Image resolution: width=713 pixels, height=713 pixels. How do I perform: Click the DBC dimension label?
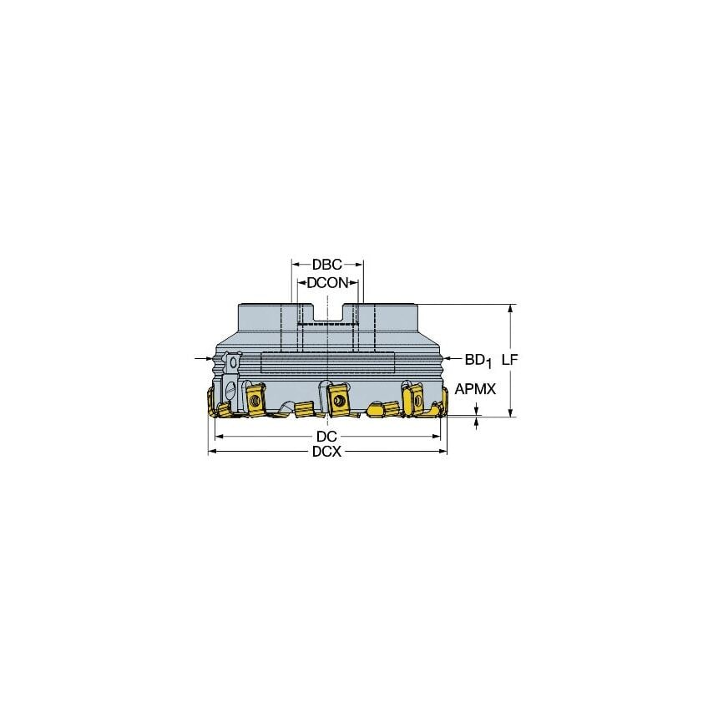(x=326, y=264)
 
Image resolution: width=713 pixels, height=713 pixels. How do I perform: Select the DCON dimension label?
(x=326, y=283)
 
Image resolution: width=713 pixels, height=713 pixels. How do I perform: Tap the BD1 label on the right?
(x=477, y=360)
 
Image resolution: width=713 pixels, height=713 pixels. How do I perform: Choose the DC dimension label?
(x=326, y=437)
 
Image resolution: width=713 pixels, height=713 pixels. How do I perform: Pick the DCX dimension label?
(x=326, y=452)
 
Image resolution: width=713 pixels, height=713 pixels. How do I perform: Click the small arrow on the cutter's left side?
(x=203, y=360)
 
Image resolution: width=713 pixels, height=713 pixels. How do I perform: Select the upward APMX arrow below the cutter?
(x=478, y=421)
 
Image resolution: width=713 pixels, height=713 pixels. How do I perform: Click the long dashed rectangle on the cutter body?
(x=327, y=363)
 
